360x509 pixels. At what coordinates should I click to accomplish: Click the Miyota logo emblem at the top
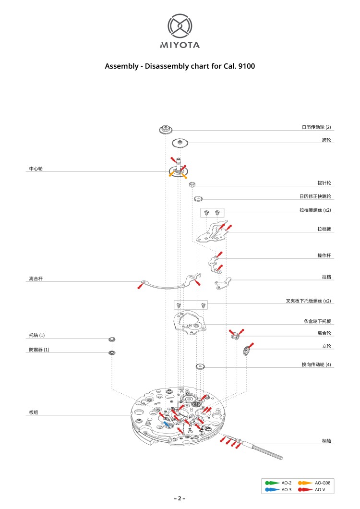pos(180,26)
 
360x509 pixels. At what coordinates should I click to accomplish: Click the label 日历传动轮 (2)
pos(316,127)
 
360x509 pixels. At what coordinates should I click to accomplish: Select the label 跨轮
pos(326,140)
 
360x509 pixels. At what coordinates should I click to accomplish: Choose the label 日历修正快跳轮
pos(315,196)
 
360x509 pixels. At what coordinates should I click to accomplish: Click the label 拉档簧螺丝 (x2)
pos(315,210)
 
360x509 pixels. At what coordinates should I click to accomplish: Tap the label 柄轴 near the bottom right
pos(326,440)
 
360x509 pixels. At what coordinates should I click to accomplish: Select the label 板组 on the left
pos(33,412)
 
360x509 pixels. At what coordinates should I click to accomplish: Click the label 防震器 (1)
pos(39,350)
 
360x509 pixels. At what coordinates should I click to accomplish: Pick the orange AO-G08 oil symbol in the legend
pos(305,482)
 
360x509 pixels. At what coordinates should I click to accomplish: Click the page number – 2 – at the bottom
pos(180,498)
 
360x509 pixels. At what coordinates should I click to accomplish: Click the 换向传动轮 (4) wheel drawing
pos(201,367)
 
